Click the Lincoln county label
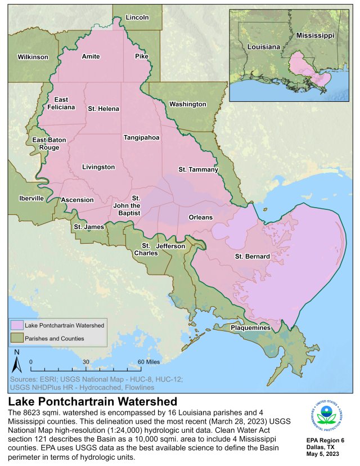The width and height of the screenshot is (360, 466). [x=137, y=17]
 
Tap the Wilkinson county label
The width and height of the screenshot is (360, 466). [x=33, y=57]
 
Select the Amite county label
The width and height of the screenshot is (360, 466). [x=91, y=56]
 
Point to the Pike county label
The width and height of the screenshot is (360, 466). [x=141, y=56]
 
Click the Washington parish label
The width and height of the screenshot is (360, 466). [x=187, y=104]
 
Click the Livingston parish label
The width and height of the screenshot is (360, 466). [x=98, y=167]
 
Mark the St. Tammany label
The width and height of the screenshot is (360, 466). [x=198, y=169]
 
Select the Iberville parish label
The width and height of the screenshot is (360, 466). [x=30, y=198]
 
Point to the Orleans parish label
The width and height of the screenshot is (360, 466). [x=200, y=217]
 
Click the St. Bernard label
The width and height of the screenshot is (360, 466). [x=252, y=257]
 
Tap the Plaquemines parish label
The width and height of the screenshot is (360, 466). [x=250, y=328]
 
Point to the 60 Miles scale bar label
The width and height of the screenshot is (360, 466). [x=148, y=362]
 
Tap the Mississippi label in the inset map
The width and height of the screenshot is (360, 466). [x=315, y=35]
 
